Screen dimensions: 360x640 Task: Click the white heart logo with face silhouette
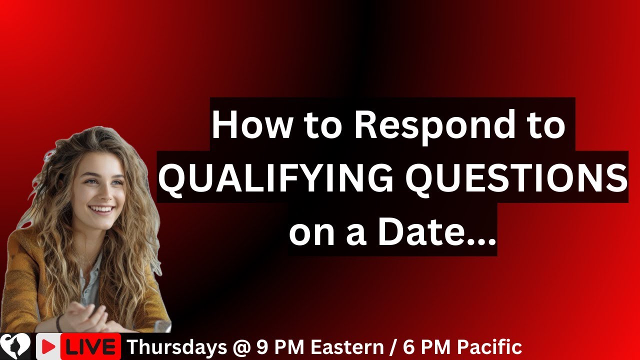click(15, 346)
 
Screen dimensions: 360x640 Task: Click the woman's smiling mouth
click(102, 208)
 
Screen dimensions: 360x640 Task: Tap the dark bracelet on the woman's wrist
click(59, 323)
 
